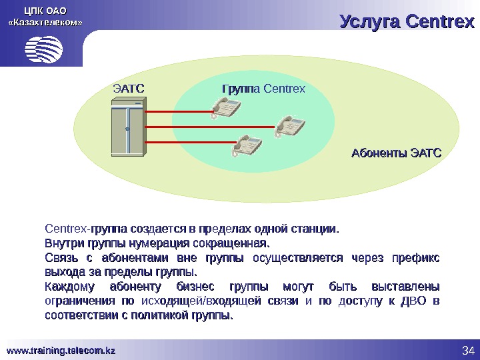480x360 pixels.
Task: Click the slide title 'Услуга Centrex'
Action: click(x=406, y=21)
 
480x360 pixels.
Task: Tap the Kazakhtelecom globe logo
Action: click(x=43, y=48)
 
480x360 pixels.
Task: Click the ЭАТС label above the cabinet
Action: click(x=129, y=88)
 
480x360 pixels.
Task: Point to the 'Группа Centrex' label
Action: click(x=263, y=88)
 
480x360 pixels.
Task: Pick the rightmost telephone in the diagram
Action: click(x=288, y=125)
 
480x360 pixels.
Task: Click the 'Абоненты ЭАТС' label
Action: click(x=396, y=154)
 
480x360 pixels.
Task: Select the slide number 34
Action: click(x=467, y=351)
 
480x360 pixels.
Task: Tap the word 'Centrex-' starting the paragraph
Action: click(x=67, y=230)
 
